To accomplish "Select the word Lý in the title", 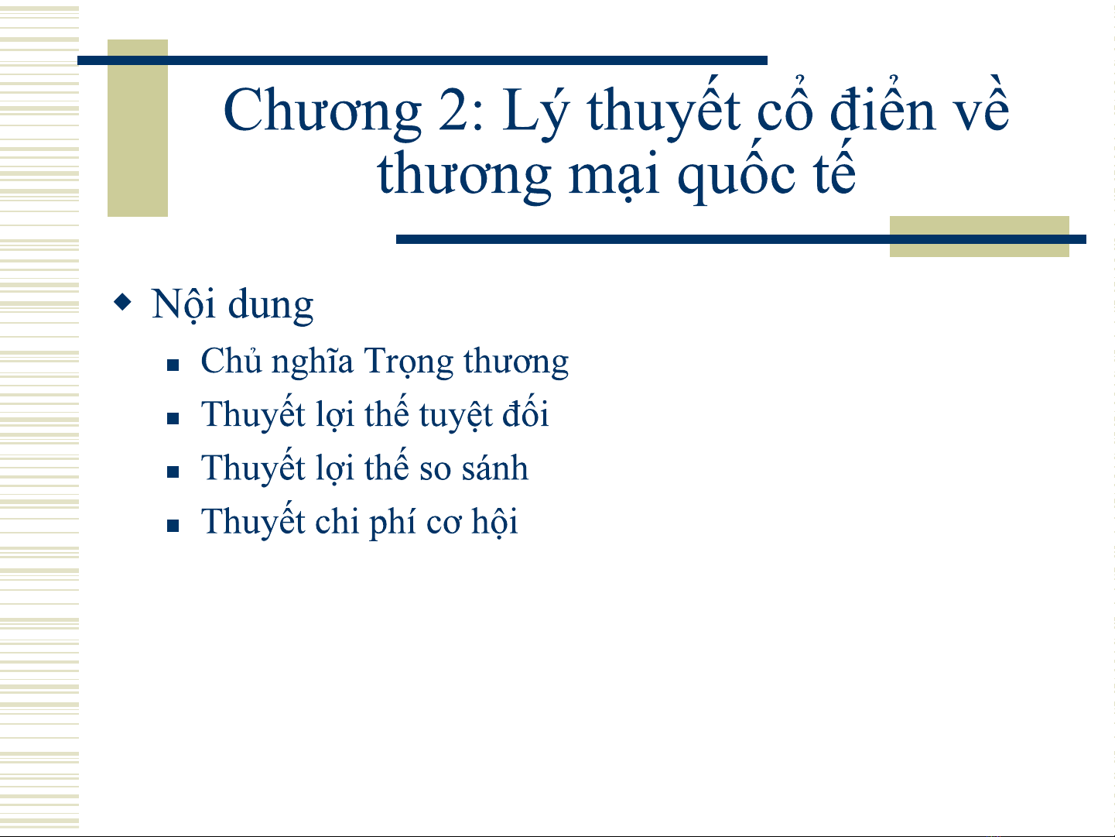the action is (x=536, y=108).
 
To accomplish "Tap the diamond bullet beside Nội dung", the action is (x=122, y=301).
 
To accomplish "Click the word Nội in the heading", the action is (x=183, y=304).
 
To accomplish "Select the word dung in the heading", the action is (x=270, y=305).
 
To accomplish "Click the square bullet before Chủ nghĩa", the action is (x=173, y=365).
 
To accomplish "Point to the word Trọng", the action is (x=409, y=362).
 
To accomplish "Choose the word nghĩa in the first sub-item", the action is (x=312, y=362).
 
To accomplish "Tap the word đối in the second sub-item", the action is (x=525, y=412).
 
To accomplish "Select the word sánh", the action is (x=494, y=467).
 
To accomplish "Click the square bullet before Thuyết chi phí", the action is (x=173, y=526).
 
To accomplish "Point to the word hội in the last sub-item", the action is (x=494, y=521).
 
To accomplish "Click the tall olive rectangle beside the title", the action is (x=138, y=128).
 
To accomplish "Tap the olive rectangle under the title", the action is (x=980, y=236).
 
